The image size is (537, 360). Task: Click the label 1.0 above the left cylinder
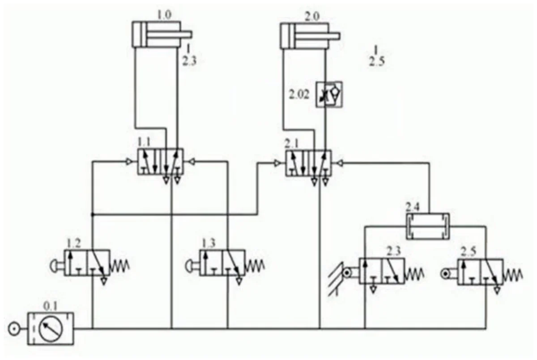tap(164, 15)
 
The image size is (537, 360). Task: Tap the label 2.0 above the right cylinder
tap(312, 17)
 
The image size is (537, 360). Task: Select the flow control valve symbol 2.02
tap(329, 95)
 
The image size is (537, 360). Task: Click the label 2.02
tap(299, 95)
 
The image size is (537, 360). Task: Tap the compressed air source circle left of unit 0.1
tap(14, 329)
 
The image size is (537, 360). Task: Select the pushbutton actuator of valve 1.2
tap(57, 266)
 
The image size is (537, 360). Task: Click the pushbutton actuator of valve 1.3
tap(192, 266)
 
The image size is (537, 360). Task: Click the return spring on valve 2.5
tap(512, 275)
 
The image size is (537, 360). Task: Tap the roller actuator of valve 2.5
tap(449, 274)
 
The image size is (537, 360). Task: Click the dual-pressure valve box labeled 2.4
tap(428, 226)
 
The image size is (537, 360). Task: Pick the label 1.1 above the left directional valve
tap(144, 142)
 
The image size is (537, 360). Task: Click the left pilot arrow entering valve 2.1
tap(277, 163)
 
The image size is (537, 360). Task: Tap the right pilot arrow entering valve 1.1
tap(192, 162)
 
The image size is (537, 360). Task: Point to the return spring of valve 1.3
tap(255, 266)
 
